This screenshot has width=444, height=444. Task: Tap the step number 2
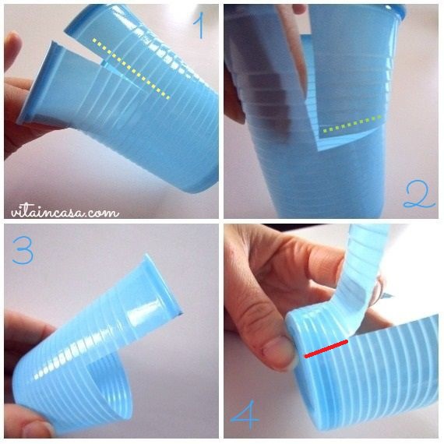pos(418,195)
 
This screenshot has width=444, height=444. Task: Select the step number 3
pos(23,250)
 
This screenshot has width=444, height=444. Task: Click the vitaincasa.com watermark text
pos(65,212)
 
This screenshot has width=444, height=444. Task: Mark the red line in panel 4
pos(326,349)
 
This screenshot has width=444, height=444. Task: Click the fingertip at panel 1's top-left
pos(12,48)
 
